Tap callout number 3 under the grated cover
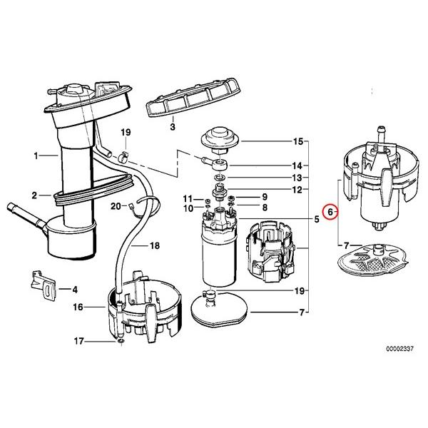point(172,126)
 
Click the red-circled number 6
point(329,212)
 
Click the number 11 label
point(188,198)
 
